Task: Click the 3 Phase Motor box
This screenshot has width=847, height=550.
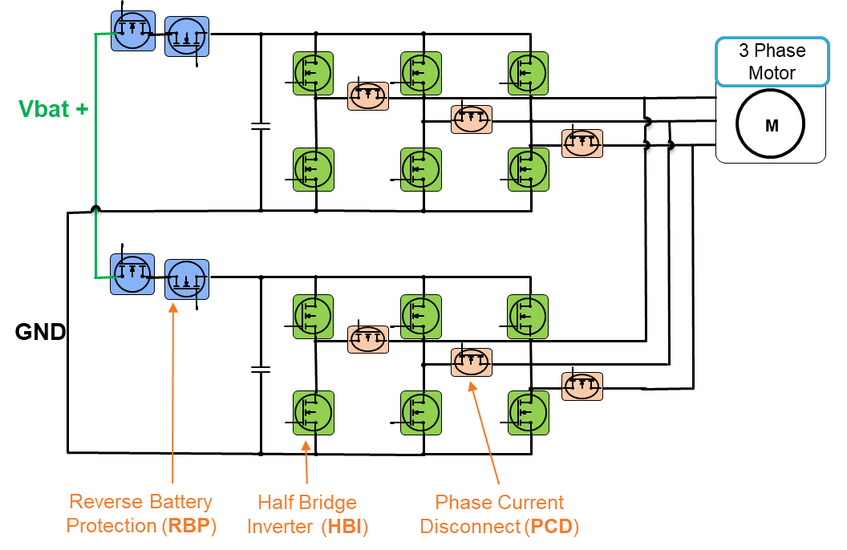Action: [772, 62]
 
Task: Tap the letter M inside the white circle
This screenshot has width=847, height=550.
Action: [772, 126]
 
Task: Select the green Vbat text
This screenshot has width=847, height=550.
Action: [43, 110]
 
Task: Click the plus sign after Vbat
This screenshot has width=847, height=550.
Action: [81, 110]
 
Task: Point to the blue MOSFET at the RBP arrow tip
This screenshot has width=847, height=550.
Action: [186, 280]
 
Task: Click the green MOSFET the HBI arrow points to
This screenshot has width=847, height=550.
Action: [314, 413]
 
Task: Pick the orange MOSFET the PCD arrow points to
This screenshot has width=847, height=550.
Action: [472, 363]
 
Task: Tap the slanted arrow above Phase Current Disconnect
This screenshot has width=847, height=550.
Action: [485, 433]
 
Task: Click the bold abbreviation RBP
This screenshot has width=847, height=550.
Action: [189, 527]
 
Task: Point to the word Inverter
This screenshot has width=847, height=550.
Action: [281, 527]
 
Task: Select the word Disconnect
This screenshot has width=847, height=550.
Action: [470, 527]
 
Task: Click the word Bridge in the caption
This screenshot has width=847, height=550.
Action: [328, 503]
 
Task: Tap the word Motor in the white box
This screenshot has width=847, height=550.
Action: [772, 73]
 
